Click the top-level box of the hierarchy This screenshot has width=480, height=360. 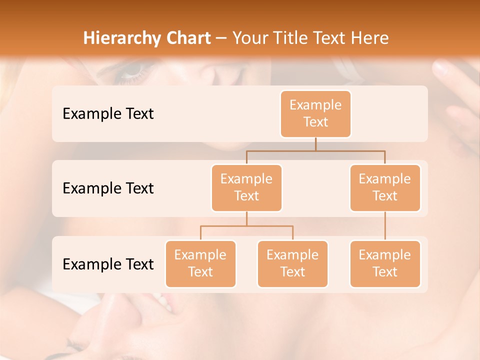pos(315,113)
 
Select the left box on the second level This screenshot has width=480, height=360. pos(246,187)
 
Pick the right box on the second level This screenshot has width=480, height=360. pos(385,187)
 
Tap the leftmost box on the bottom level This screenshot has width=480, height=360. pos(200,263)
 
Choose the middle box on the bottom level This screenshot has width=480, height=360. pos(292,263)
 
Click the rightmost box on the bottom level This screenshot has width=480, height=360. pos(385,263)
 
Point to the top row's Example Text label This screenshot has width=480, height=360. pos(108,113)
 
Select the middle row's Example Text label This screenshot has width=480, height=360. pos(108,188)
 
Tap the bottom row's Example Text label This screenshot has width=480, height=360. pos(108,264)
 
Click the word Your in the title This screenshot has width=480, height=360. pos(249,38)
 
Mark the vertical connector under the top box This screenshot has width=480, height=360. pos(315,144)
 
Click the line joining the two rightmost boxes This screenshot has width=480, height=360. pos(385,226)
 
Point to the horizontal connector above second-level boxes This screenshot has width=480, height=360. pos(315,150)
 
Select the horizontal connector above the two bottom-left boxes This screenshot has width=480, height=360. pos(246,226)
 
